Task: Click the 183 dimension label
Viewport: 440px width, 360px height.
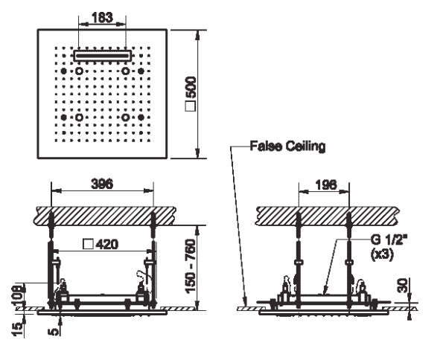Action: (102, 17)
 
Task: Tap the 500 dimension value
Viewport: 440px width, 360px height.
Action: (191, 87)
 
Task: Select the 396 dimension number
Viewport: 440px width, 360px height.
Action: (102, 184)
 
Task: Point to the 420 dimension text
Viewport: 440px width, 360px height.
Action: (107, 244)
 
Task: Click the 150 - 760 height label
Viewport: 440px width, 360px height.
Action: (191, 266)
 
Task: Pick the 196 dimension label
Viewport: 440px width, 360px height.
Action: (326, 184)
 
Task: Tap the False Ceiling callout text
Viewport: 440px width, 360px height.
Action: (287, 146)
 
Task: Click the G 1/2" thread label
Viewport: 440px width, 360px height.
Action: (389, 240)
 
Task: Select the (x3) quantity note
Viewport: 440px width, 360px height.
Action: (382, 254)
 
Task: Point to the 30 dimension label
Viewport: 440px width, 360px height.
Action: (404, 286)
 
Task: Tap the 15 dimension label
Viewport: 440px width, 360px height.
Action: (17, 329)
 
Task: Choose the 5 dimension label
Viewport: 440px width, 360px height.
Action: (54, 332)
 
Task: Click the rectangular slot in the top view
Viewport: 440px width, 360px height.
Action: (103, 56)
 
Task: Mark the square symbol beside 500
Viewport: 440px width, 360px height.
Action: (191, 106)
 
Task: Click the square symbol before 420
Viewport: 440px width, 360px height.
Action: (88, 244)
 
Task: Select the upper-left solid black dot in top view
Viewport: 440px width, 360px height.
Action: (64, 71)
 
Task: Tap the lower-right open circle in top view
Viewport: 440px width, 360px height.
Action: (125, 118)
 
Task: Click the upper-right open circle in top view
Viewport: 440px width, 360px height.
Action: (125, 71)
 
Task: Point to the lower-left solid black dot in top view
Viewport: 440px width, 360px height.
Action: (64, 118)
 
